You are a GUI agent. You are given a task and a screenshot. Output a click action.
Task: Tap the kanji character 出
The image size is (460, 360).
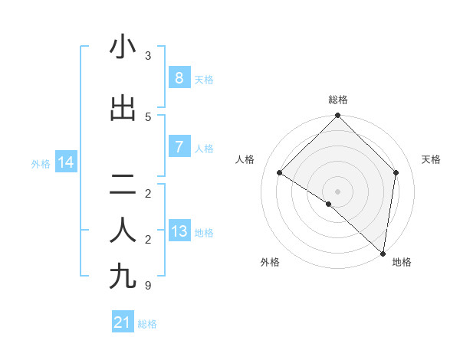tap(123, 107)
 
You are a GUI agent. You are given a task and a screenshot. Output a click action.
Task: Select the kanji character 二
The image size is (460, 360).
tap(123, 185)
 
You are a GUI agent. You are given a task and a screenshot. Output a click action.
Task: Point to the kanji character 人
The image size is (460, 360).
tap(123, 230)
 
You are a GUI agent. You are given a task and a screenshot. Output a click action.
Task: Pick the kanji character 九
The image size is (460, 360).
tap(123, 277)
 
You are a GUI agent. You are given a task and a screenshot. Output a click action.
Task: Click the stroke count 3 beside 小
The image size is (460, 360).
tap(148, 55)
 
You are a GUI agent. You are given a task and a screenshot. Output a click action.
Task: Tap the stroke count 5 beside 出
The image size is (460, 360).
tap(148, 116)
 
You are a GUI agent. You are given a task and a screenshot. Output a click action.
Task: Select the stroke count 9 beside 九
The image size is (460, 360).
tap(148, 286)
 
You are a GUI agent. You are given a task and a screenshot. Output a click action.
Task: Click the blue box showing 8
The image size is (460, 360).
tap(179, 77)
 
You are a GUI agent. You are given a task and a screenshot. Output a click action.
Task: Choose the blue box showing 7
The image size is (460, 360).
tap(179, 146)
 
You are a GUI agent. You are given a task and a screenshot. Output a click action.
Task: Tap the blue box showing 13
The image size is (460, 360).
tap(179, 231)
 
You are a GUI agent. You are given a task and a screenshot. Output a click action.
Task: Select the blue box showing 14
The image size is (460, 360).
tap(65, 162)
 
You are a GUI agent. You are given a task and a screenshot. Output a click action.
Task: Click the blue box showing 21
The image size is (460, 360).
tap(123, 322)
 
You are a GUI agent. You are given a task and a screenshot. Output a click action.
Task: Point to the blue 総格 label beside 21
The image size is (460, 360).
tap(147, 324)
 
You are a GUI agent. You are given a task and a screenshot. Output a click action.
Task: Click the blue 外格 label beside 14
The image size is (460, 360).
tap(41, 163)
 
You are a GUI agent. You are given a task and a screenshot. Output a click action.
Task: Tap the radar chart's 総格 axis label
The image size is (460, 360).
tap(338, 100)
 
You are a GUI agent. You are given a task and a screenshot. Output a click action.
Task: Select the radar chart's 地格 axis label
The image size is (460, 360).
tap(402, 262)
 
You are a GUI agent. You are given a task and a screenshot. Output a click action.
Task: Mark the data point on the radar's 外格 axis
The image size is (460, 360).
tap(328, 205)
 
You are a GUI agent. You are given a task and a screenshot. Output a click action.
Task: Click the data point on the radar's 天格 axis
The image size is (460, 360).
tap(396, 172)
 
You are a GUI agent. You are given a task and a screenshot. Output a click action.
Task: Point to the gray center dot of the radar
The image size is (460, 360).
tap(338, 191)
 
